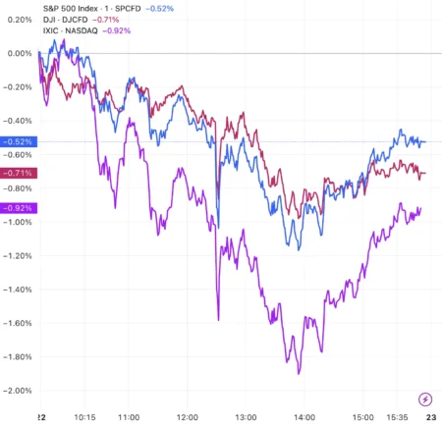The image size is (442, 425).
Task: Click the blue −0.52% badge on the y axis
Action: [x=19, y=141]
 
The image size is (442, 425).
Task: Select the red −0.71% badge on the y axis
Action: [x=19, y=173]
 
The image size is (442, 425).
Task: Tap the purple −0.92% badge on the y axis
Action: [x=19, y=207]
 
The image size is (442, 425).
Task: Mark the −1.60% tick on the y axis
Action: [x=18, y=323]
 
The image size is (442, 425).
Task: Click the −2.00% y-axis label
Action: [x=18, y=391]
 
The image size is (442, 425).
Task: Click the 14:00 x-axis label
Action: [x=305, y=415]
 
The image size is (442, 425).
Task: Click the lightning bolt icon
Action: [x=425, y=398]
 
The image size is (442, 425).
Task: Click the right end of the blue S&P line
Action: [x=424, y=141]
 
